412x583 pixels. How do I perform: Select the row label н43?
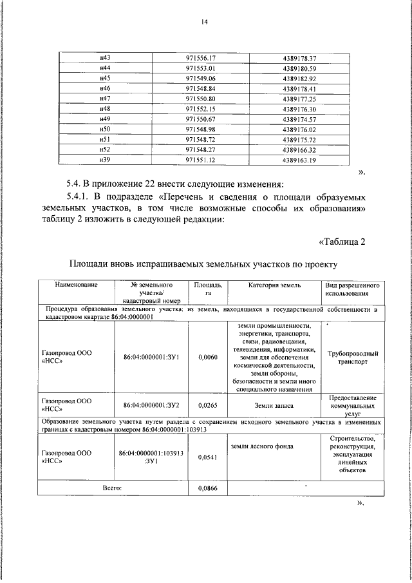point(106,58)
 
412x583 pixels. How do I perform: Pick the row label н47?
point(106,98)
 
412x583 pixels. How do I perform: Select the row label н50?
point(106,129)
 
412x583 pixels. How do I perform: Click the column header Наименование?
point(76,285)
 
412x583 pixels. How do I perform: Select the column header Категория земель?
point(270,285)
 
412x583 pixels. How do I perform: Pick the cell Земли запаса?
point(270,405)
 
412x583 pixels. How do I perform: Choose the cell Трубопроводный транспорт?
point(352,358)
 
